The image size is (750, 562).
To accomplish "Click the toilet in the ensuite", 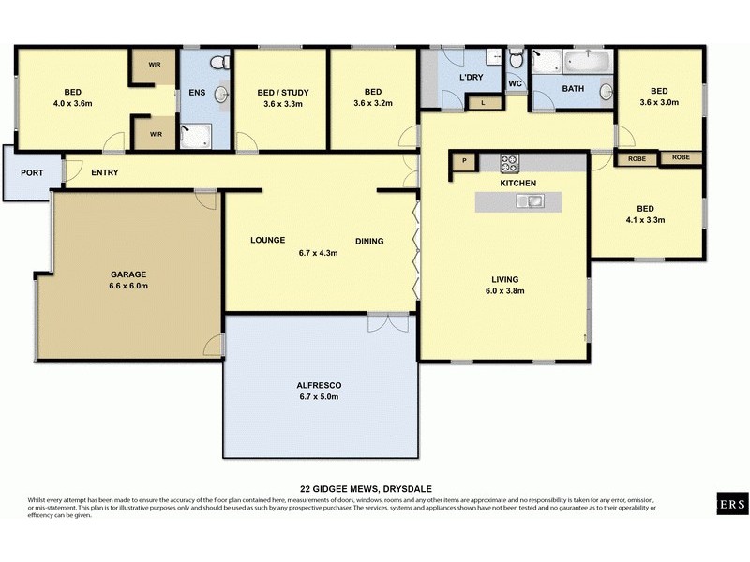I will [x=218, y=63].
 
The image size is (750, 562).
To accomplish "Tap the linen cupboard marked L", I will [x=483, y=102].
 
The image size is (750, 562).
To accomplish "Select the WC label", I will [x=515, y=83].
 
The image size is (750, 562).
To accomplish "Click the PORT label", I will [x=31, y=172].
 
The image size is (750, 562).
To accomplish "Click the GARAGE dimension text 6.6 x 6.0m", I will [x=129, y=286].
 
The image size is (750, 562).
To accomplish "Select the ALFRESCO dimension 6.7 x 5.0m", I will [x=320, y=397].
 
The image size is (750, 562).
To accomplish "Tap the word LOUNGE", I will [x=267, y=241].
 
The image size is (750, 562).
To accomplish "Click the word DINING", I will [x=369, y=241].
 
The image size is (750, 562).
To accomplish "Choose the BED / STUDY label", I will [x=282, y=92].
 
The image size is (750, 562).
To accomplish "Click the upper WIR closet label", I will [x=153, y=66].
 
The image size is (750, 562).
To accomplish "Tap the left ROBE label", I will [x=637, y=158].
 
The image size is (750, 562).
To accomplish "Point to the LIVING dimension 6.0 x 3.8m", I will [x=504, y=290].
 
